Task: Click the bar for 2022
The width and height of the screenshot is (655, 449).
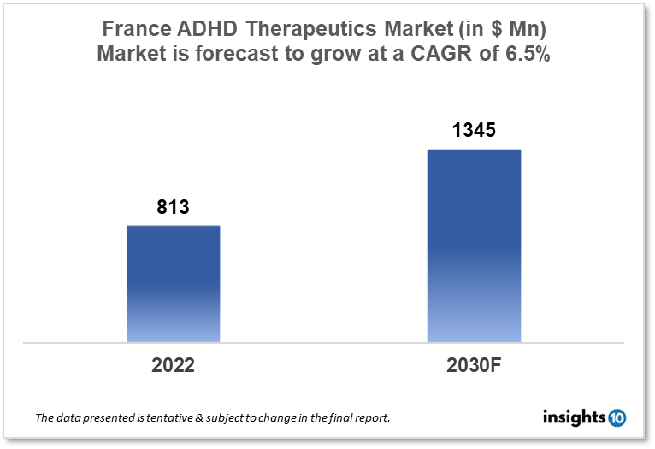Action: (174, 284)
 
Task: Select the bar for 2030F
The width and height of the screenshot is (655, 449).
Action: (474, 246)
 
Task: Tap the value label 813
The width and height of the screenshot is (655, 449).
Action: (173, 206)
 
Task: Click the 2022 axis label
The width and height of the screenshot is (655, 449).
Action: (174, 365)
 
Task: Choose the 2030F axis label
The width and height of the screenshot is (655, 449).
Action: (474, 365)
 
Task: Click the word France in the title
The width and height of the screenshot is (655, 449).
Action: (136, 28)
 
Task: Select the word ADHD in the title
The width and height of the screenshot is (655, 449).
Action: (209, 28)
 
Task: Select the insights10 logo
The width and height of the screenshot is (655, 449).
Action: (584, 417)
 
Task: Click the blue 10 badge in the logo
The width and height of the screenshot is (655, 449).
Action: (617, 417)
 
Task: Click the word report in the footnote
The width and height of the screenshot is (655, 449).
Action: (375, 418)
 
